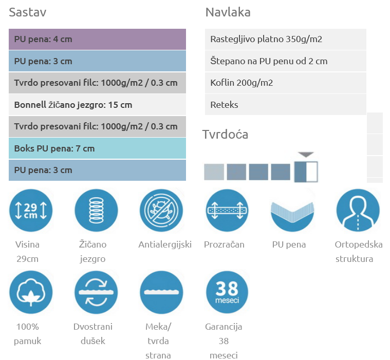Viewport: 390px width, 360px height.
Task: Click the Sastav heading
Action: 28,12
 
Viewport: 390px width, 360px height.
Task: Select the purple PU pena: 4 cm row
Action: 97,39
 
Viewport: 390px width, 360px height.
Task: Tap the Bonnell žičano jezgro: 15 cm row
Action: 97,105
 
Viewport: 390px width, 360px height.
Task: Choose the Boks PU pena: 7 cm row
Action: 97,148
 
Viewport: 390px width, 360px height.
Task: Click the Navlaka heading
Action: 228,12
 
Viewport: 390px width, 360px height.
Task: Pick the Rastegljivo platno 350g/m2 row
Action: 285,39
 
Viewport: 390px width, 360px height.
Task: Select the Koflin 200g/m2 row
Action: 285,83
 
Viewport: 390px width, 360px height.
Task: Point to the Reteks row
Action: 285,105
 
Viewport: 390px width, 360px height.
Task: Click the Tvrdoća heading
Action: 225,135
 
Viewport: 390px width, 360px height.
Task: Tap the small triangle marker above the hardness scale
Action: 306,154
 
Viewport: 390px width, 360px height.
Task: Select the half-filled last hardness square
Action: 306,172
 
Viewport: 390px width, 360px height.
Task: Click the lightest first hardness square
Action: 214,172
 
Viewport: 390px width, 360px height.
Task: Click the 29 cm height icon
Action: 31,211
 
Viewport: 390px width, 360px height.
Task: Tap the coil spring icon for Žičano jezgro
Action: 96,211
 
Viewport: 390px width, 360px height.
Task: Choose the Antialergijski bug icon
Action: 161,211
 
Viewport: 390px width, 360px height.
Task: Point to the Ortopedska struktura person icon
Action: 358,211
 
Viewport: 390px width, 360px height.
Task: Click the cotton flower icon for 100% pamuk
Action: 31,292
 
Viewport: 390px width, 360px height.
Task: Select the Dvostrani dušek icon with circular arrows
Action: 96,292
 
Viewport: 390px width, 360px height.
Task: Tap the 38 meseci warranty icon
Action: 227,292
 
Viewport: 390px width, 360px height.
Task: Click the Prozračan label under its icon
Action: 224,244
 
